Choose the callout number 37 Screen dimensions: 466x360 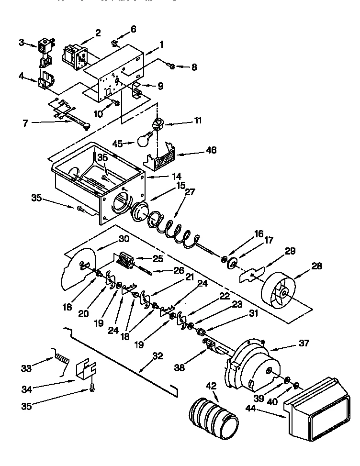[x=304, y=343]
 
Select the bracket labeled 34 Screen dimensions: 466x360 [x=86, y=371]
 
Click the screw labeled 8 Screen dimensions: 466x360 [x=171, y=65]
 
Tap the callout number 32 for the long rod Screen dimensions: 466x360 [x=158, y=356]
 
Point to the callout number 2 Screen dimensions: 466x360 [x=97, y=33]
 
